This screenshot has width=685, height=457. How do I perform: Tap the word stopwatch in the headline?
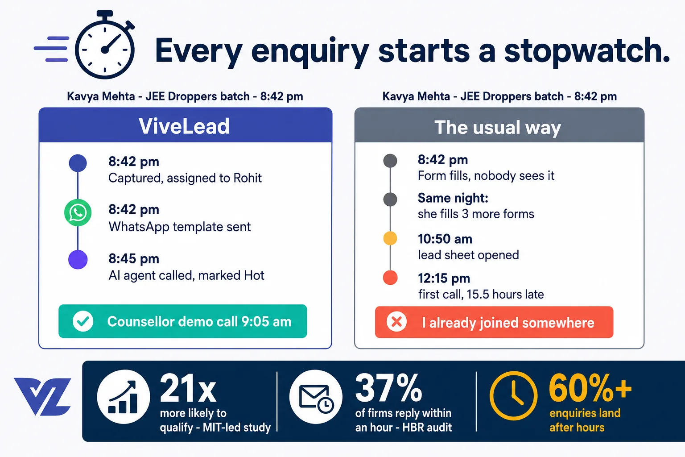click(587, 50)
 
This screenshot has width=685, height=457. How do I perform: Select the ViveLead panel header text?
click(184, 126)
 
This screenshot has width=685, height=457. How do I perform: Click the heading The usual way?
click(498, 127)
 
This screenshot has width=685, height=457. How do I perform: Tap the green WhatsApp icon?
click(78, 212)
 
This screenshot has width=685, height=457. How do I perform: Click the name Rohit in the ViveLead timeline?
click(248, 178)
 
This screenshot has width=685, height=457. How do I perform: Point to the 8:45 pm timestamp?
click(134, 259)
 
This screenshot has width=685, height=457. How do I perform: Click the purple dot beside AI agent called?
click(78, 260)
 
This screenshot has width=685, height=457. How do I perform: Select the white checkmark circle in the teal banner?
click(83, 321)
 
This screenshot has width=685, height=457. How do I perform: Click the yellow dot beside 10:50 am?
click(390, 238)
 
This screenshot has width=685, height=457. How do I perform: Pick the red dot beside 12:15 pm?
click(390, 278)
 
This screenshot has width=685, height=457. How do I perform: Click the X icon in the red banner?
click(396, 322)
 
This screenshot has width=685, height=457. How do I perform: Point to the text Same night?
click(453, 198)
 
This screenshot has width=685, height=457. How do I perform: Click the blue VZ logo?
click(42, 396)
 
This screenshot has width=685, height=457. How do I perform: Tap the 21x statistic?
click(188, 388)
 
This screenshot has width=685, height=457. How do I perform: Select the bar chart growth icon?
click(124, 397)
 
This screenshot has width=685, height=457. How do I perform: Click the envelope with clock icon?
click(316, 397)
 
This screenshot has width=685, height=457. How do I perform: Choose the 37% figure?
click(388, 388)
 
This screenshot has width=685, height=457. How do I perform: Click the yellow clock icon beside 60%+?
click(514, 396)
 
